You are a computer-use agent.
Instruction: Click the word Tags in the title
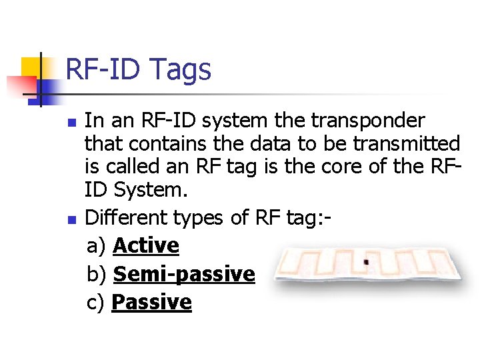[x=181, y=70]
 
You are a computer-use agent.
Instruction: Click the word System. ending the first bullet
[x=151, y=190]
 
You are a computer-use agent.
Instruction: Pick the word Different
[x=127, y=217]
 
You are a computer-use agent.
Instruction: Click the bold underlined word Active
[x=146, y=245]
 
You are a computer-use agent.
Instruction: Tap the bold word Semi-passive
[x=184, y=274]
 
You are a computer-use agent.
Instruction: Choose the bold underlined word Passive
[x=151, y=303]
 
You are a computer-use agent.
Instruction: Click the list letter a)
[x=97, y=246]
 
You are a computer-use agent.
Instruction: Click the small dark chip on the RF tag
[x=365, y=262]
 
